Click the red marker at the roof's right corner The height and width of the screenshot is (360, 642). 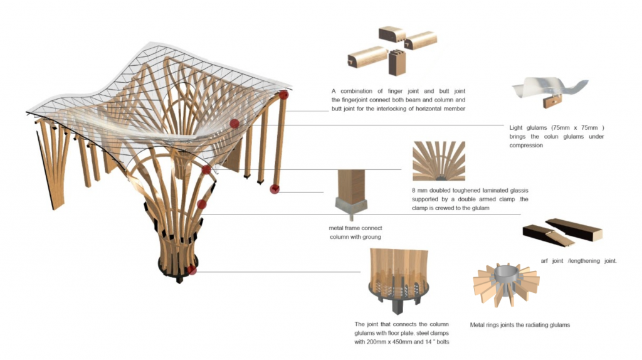click(284, 95)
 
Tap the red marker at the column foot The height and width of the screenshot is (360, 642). click(274, 189)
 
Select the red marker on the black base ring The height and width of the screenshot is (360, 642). click(192, 270)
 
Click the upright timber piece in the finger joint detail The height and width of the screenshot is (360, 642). click(397, 63)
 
